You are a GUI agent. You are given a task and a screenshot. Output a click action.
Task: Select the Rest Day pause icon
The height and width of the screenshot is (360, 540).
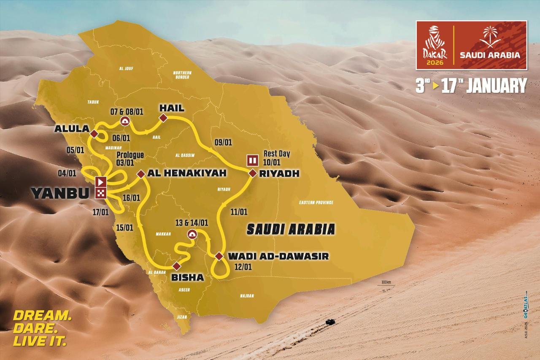coord(252,160)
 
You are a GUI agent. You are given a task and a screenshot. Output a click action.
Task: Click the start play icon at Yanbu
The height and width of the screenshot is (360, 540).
coord(101,182)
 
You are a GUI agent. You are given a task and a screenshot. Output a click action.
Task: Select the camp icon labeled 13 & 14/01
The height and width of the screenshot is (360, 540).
coord(192,235)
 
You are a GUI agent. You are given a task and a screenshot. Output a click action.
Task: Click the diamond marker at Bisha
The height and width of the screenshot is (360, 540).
coord(177,265)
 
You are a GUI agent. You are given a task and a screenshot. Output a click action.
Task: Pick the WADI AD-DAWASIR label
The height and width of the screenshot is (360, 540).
coord(278,256)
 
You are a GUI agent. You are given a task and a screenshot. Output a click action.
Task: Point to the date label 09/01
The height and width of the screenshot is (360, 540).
coord(223,142)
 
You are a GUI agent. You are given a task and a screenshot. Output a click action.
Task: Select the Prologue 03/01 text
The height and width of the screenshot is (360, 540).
coord(130,159)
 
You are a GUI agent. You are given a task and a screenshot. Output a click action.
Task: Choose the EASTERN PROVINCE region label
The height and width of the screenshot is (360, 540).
coord(316,203)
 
